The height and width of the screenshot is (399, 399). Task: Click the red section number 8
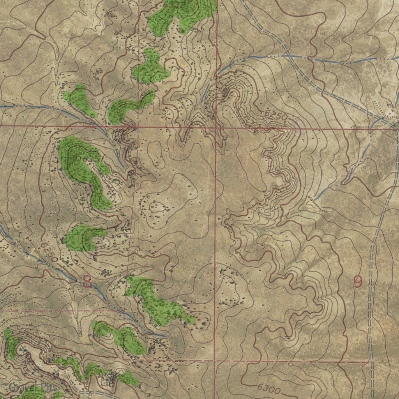(87, 281)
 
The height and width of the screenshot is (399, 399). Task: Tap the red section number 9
(357, 281)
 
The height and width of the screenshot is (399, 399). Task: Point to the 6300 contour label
(269, 388)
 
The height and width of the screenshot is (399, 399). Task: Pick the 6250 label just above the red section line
(275, 116)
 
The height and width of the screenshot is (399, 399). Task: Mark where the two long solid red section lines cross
(215, 127)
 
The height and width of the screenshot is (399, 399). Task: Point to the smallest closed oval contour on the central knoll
(157, 207)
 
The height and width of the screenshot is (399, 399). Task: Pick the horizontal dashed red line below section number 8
(58, 311)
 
